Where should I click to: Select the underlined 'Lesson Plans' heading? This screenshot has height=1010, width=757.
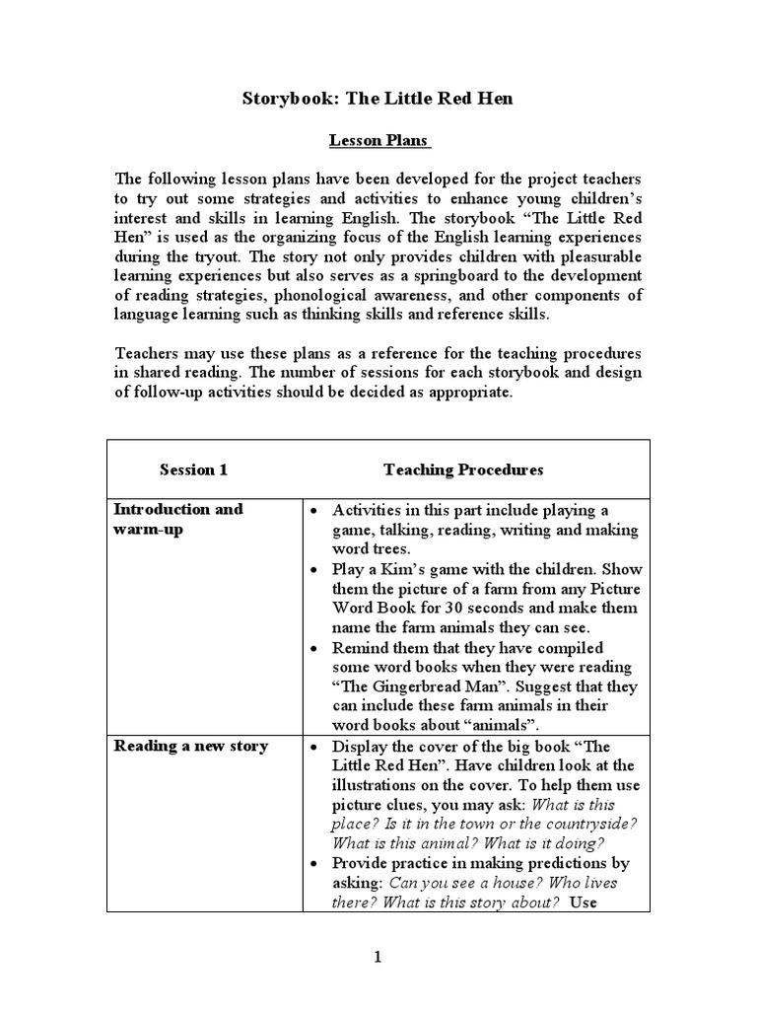tap(379, 140)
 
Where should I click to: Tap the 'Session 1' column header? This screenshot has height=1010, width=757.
tap(193, 469)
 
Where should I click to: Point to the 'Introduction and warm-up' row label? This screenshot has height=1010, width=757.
tap(178, 519)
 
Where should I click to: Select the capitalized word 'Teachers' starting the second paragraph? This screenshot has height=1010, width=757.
tap(147, 353)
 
